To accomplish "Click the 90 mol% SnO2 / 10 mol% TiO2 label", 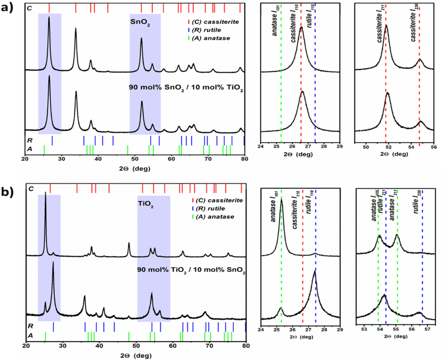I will point(186,88).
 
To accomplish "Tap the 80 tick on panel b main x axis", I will point(246,344).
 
